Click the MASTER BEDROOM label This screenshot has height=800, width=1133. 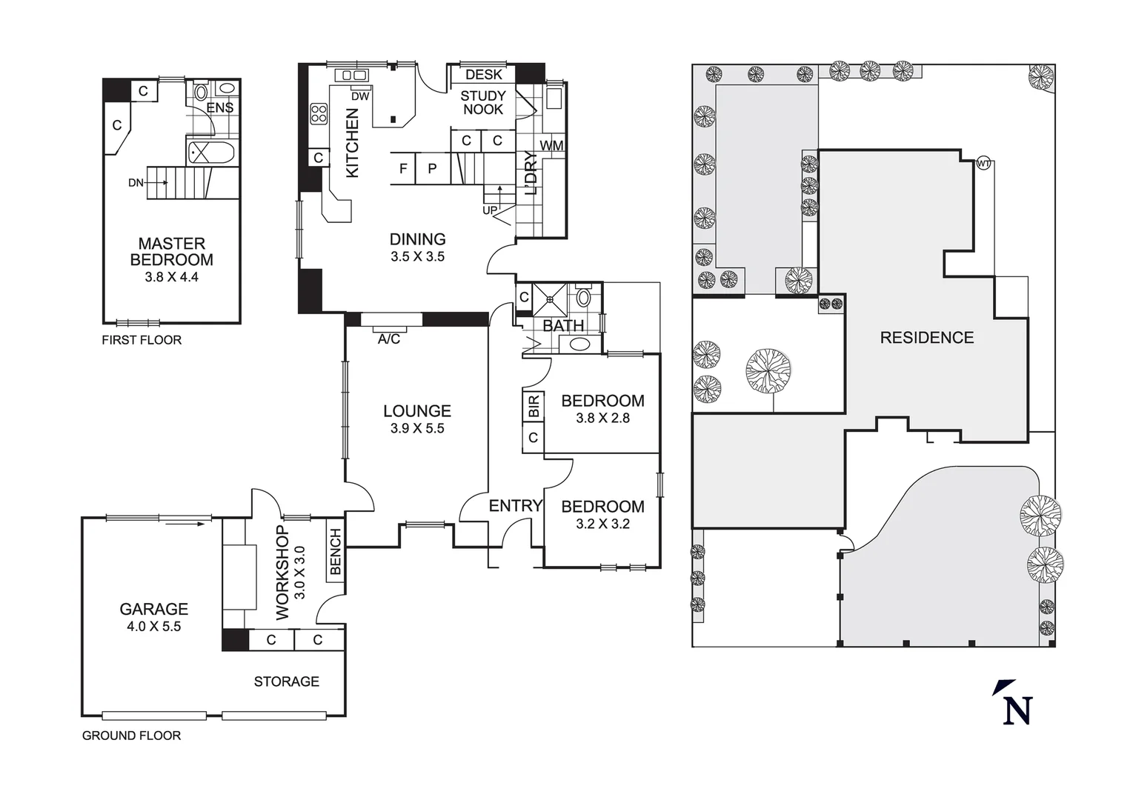171,252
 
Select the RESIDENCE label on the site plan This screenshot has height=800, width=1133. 926,338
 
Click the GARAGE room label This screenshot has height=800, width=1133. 153,609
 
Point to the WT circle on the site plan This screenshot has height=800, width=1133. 983,163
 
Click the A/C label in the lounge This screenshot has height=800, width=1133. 389,339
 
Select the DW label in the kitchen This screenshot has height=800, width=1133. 359,96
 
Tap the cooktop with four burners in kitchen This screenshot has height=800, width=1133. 319,113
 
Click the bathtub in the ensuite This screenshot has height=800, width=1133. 211,153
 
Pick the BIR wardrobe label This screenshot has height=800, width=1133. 534,405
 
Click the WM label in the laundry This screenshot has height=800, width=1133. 551,145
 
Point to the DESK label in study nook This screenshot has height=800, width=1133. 483,74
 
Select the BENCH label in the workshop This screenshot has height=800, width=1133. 335,551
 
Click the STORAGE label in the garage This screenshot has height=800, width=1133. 286,681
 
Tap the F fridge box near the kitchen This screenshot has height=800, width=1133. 403,168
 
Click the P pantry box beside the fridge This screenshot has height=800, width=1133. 432,168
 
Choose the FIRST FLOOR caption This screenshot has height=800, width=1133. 142,340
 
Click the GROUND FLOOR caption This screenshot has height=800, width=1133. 131,736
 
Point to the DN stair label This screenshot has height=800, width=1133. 136,182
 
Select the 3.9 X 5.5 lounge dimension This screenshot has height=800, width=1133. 417,428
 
